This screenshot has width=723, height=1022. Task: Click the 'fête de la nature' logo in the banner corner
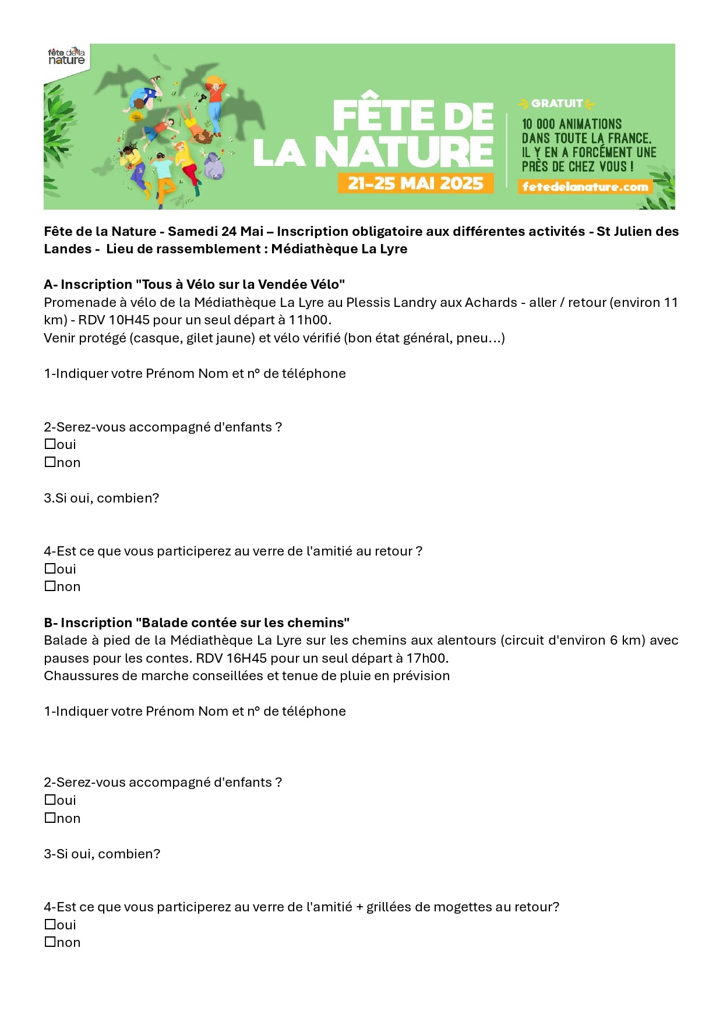[66, 56]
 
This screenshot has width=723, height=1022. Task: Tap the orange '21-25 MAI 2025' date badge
[415, 183]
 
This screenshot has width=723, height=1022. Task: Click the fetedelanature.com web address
[585, 187]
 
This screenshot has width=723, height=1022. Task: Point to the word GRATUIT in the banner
[556, 104]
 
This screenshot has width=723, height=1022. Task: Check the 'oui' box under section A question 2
[50, 444]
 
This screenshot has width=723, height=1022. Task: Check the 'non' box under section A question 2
[50, 462]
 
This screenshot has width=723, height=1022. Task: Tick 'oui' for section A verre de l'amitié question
[50, 569]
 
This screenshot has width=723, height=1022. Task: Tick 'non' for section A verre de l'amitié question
[50, 586]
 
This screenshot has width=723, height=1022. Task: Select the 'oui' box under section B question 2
[50, 800]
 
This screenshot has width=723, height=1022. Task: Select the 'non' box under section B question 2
[50, 818]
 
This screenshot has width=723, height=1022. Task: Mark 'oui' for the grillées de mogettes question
[50, 925]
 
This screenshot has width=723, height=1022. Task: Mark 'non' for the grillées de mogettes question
[50, 942]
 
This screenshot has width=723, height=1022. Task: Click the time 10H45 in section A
[129, 320]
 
